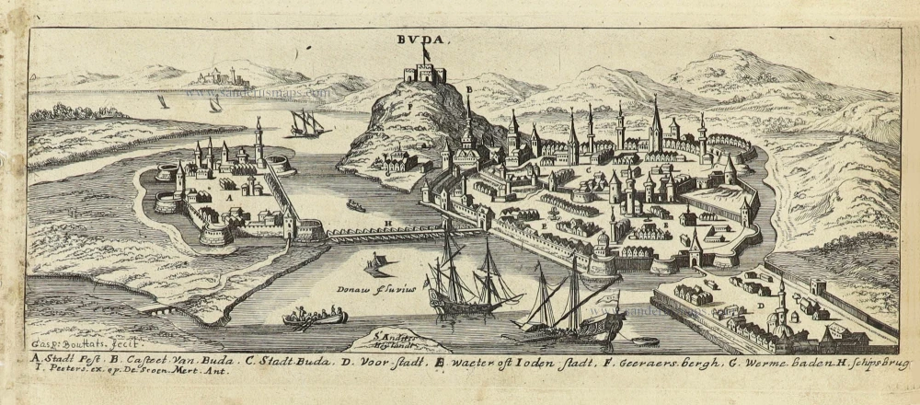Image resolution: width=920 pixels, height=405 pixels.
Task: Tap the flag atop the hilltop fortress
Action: [x=426, y=52]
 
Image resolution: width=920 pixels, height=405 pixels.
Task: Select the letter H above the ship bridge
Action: [x=388, y=224]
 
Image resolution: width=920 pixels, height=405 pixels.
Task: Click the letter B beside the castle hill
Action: [x=468, y=89]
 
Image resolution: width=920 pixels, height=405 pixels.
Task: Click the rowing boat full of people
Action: [x=315, y=318]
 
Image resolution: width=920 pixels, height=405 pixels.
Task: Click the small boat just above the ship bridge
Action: [x=355, y=205]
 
